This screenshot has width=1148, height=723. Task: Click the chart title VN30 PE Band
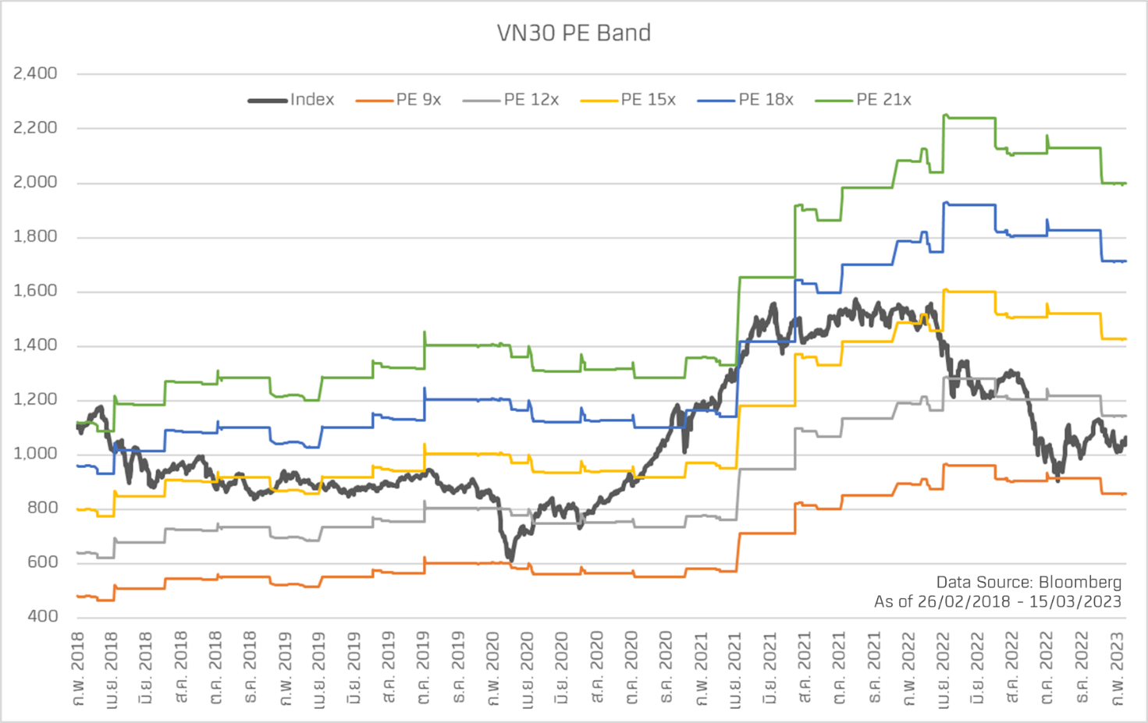[x=574, y=33]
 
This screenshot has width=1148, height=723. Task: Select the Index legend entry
[x=311, y=100]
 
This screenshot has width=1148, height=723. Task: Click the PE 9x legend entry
[x=418, y=100]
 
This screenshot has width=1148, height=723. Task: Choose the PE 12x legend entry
[x=531, y=100]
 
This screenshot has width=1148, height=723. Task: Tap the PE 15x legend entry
[x=648, y=100]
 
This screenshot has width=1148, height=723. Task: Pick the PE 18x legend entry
[x=766, y=100]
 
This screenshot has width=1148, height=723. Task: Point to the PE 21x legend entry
[x=883, y=100]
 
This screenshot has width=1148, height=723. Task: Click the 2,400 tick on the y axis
[x=36, y=73]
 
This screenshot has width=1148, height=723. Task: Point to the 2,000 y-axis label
[x=36, y=182]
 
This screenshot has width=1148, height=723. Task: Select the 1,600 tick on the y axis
[x=36, y=290]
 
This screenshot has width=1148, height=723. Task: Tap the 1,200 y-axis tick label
[x=36, y=399]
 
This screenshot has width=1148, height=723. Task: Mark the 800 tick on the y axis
[x=42, y=507]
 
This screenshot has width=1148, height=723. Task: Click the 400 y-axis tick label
[x=42, y=616]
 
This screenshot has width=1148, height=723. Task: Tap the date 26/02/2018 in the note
[x=963, y=601]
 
